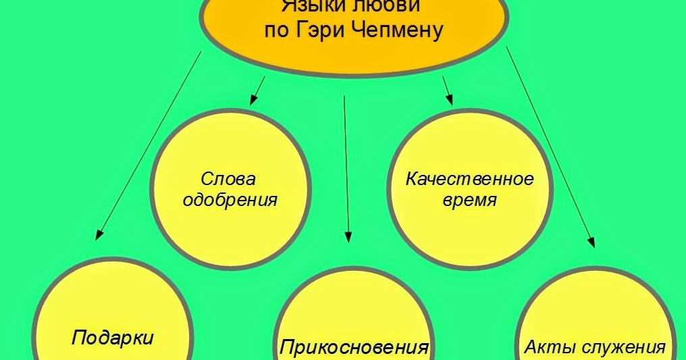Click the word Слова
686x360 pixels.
(228, 180)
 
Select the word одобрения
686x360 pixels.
(230, 200)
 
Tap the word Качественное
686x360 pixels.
(469, 180)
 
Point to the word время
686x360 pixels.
(469, 201)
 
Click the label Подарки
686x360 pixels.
(112, 337)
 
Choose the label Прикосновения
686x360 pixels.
(354, 348)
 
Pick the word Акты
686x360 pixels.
(546, 348)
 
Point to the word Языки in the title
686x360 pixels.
(311, 6)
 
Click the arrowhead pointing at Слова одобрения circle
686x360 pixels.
(254, 100)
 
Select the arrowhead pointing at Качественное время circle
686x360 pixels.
(448, 100)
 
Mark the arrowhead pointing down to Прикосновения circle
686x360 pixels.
(348, 237)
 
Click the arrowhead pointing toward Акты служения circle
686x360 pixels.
(592, 242)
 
